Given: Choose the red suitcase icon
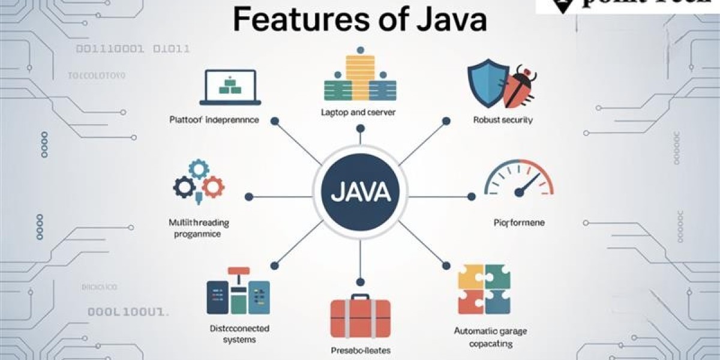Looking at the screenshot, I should coord(360,318).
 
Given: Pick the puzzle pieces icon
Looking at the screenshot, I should coord(484,289).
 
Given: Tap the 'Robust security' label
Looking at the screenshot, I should coord(503,120).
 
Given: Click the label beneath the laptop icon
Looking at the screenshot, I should coord(214,120).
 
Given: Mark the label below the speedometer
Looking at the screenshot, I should coord(519,223).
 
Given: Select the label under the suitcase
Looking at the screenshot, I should coord(360,350).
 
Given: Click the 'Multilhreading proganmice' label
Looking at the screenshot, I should coord(199,229).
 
